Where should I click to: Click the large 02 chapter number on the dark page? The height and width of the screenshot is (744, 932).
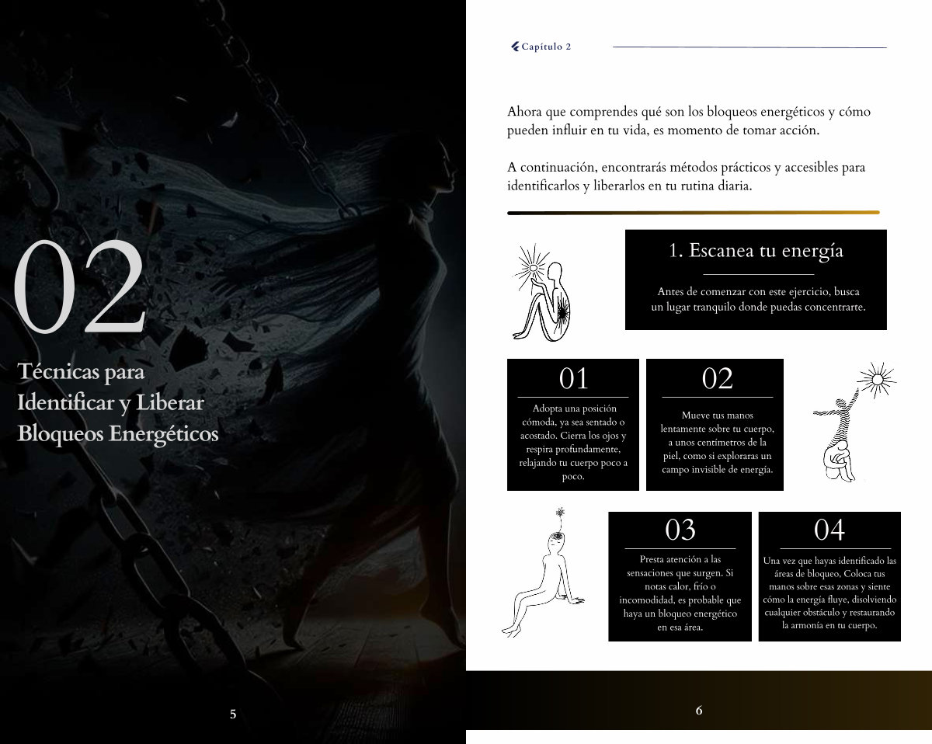click(80, 287)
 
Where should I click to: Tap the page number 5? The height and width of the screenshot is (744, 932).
click(233, 714)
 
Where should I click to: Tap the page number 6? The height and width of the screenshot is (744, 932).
click(698, 710)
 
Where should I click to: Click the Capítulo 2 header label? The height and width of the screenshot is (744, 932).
click(546, 47)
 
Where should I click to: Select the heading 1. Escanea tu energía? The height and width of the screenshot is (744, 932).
click(756, 250)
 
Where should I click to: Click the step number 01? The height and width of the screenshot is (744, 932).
click(573, 378)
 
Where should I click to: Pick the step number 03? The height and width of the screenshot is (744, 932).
click(680, 529)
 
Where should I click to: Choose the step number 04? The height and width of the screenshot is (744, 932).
click(829, 529)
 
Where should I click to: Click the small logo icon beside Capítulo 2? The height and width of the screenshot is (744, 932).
click(515, 47)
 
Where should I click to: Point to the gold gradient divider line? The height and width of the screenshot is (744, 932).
click(694, 213)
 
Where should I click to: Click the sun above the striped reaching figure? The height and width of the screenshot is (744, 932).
click(878, 380)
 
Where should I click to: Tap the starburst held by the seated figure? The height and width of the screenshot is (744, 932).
click(533, 269)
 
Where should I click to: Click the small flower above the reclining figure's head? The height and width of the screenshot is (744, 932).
click(561, 512)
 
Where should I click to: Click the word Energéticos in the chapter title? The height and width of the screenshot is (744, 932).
click(163, 434)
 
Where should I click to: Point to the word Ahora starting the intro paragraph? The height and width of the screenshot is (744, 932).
click(524, 112)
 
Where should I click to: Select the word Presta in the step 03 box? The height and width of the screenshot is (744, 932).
click(652, 559)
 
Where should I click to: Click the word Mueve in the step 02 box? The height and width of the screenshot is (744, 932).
click(694, 415)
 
